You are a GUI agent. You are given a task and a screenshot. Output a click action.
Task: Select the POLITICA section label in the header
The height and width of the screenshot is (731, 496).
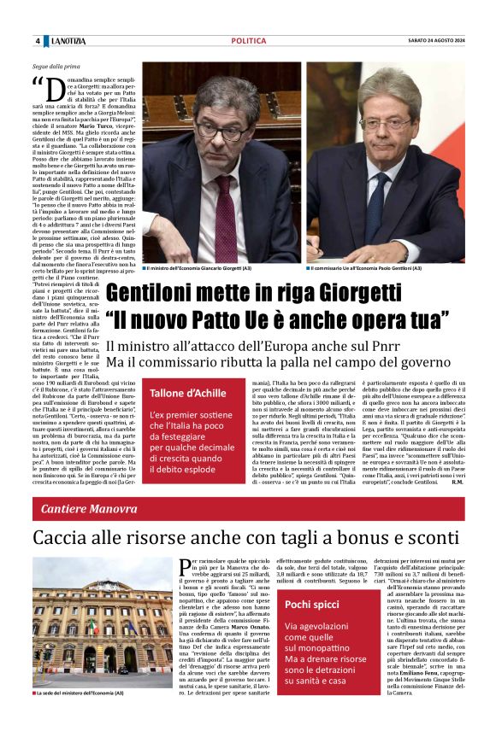coord(248,41)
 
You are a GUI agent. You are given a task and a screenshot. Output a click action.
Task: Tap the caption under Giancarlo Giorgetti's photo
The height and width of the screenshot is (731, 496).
coord(199,267)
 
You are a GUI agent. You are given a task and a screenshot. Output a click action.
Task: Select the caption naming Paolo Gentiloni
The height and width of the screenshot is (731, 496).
coord(366,267)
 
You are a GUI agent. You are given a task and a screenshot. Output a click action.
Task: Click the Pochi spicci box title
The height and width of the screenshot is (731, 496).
coord(313,605)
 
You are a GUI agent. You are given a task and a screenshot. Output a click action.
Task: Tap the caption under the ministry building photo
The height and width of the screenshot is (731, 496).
coord(81,693)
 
